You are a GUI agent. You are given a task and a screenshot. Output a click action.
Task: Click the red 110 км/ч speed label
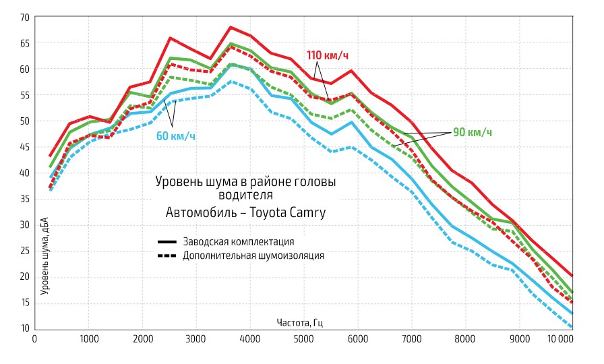(x=329, y=55)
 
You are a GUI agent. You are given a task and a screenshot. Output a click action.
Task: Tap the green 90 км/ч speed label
(x=472, y=132)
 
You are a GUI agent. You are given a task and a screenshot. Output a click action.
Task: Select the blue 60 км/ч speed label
(x=176, y=136)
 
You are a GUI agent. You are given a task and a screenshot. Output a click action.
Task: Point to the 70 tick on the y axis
(x=24, y=17)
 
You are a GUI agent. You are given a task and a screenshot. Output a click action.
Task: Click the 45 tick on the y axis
(x=24, y=146)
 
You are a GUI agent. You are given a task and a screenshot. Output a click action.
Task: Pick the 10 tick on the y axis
(x=24, y=328)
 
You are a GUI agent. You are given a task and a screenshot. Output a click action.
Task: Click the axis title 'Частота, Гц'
(x=299, y=322)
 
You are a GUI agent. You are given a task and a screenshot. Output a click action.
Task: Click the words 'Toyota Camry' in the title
(x=289, y=213)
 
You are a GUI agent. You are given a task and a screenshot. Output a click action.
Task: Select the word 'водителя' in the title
(x=245, y=196)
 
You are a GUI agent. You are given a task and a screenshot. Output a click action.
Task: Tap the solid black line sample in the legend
(x=167, y=241)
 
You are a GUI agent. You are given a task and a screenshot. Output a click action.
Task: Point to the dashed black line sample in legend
(x=167, y=255)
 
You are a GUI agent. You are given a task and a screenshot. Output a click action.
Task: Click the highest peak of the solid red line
(x=231, y=27)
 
